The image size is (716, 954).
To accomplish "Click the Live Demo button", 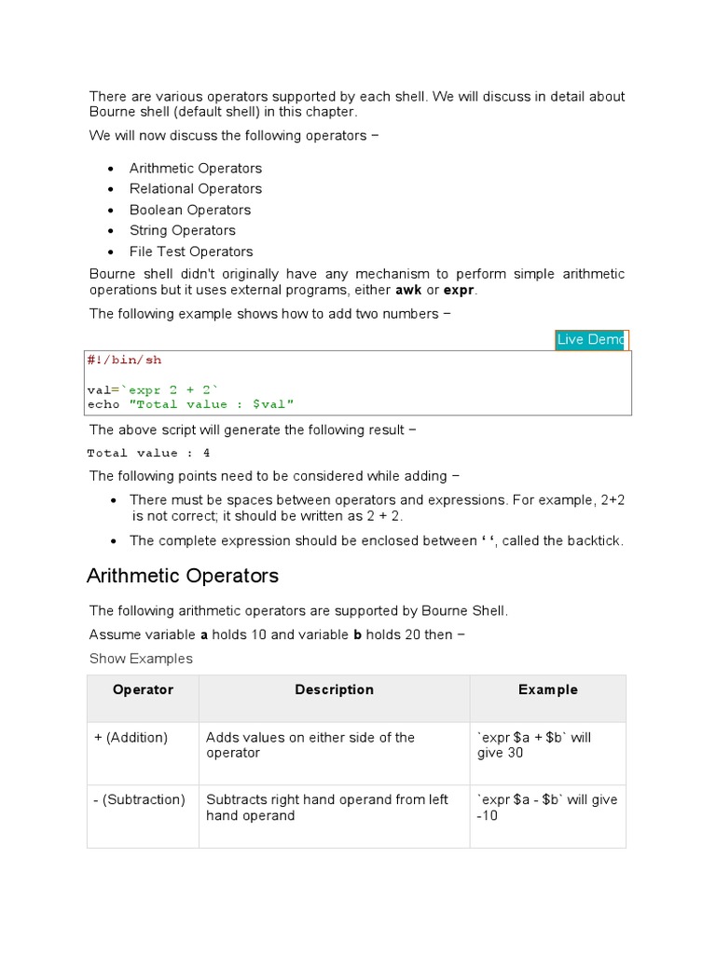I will tap(591, 340).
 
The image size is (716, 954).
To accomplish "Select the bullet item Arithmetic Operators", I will tap(196, 169).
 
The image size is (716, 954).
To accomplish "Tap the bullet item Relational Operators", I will tap(196, 189).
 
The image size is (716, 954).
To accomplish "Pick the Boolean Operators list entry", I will tap(190, 210).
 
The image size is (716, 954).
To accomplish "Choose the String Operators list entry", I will tap(183, 230).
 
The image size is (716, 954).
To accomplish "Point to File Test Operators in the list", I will tap(191, 252).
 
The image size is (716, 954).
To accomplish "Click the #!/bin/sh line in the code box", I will tap(124, 360).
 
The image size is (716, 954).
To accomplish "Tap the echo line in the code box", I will tap(190, 404).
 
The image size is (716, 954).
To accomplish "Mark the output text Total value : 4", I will tap(148, 454).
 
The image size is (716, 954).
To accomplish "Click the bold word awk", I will tap(408, 291).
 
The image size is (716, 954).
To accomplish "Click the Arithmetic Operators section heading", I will tap(183, 576).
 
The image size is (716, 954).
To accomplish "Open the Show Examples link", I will tap(141, 659).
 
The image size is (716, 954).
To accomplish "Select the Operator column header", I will tap(143, 690).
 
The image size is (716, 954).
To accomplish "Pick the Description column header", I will tap(334, 690).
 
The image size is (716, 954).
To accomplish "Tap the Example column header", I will tap(547, 690).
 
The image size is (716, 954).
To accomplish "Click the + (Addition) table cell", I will tap(131, 738).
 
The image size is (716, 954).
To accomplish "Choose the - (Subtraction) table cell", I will tap(140, 800).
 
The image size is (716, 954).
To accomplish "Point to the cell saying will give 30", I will tap(534, 745).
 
